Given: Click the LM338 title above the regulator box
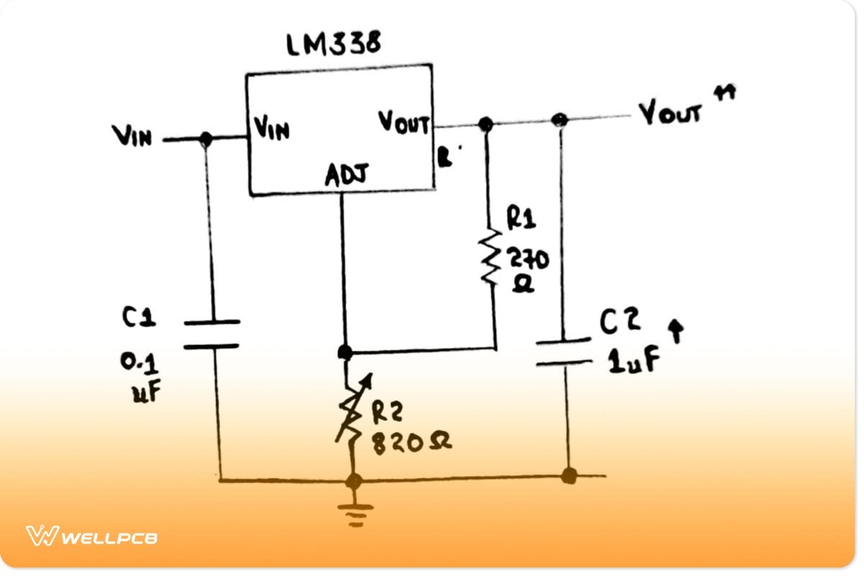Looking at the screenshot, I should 333,45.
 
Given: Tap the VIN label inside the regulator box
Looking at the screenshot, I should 271,130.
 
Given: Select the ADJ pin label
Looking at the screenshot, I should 346,175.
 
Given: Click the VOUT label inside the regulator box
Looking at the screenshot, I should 404,122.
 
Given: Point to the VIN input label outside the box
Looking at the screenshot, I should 132,136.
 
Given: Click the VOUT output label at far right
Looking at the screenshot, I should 670,114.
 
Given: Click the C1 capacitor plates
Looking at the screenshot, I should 211,334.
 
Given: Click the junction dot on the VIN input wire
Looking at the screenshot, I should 206,139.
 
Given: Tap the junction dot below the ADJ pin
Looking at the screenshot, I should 345,352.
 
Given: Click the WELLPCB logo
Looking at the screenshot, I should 92,536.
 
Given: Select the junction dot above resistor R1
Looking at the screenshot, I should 486,125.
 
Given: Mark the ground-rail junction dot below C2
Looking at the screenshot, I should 569,475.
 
